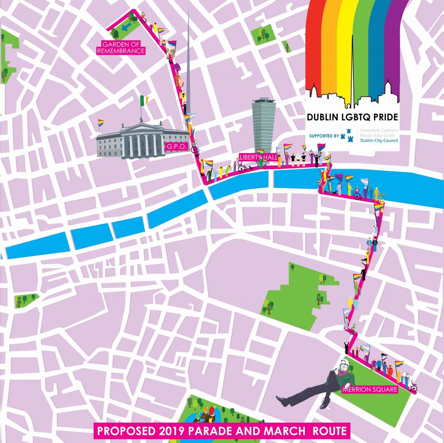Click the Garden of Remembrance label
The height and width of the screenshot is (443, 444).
[123, 47]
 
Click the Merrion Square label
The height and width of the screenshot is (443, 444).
[369, 389]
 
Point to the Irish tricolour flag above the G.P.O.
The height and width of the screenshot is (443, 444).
[144, 101]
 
